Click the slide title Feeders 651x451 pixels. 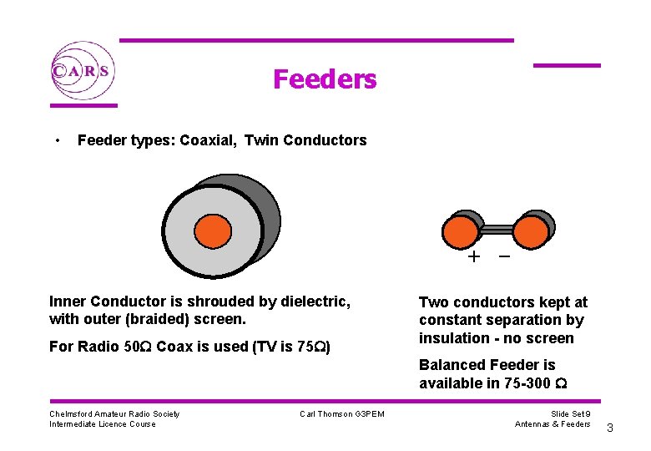tap(325, 79)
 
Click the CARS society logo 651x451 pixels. tap(81, 70)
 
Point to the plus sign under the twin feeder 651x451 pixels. tap(474, 257)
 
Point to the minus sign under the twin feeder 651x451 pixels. tap(504, 256)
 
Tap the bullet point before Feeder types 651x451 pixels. tap(55, 139)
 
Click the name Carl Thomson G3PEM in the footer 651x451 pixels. tap(342, 414)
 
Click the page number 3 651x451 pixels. tap(609, 428)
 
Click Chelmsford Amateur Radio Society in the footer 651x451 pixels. tap(114, 413)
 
